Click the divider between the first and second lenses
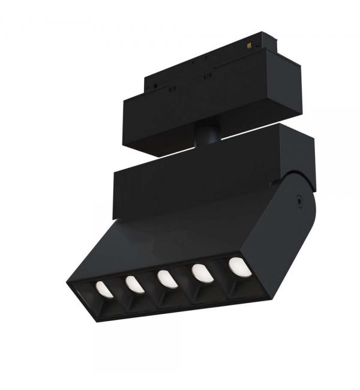tap(119, 292)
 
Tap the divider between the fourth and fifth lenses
tap(219, 274)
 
